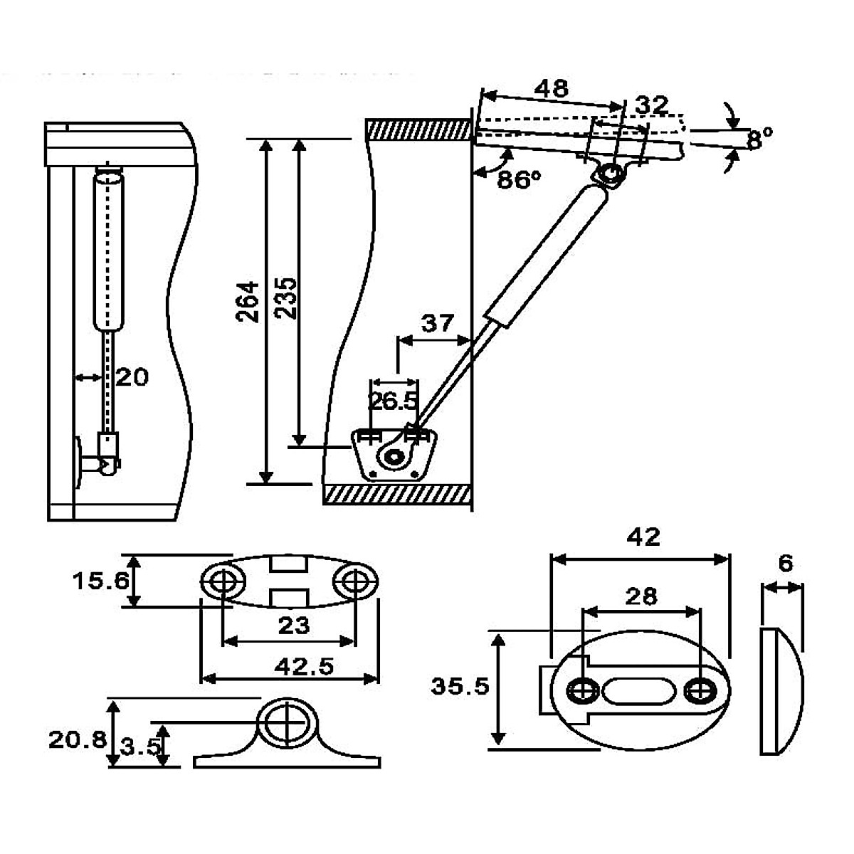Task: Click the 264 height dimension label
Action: point(247,301)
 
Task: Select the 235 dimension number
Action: point(285,298)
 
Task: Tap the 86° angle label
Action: point(519,179)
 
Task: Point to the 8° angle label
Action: point(759,138)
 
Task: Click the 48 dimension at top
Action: point(552,89)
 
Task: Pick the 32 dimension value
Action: point(651,105)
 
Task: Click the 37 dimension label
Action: point(438,323)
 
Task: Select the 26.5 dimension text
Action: point(393,401)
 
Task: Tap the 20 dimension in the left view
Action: point(132,377)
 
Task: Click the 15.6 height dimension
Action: point(101,581)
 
